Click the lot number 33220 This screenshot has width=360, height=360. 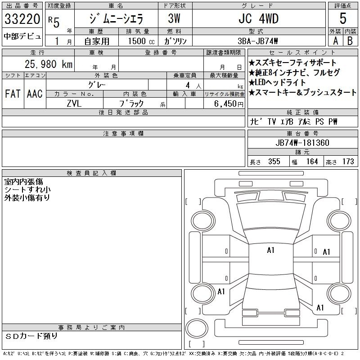point(22,19)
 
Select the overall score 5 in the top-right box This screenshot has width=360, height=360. point(343,18)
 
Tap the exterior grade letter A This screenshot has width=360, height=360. point(335,41)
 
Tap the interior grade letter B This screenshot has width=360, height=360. point(350,41)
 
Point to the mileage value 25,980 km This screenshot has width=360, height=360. point(49,64)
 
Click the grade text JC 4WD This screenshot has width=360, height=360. point(259,18)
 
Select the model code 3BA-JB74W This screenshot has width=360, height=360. point(257,41)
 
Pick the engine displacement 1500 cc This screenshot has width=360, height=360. point(141,41)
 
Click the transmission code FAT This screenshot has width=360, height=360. point(13,94)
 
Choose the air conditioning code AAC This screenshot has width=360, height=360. point(35,94)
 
